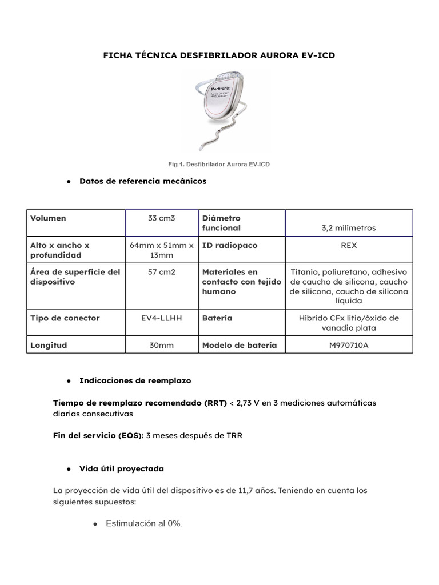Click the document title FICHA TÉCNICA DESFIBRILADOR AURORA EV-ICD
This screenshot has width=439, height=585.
[219, 55]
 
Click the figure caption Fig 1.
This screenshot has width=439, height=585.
[219, 164]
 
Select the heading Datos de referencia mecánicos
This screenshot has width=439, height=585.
[143, 181]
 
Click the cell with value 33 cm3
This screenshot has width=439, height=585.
[162, 218]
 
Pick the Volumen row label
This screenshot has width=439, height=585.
[48, 218]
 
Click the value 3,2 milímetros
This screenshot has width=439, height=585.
[349, 227]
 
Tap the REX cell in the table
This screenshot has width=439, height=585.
[349, 245]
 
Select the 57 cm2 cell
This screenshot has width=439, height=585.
[162, 272]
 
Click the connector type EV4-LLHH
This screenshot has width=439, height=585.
[162, 318]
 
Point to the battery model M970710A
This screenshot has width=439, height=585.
[349, 345]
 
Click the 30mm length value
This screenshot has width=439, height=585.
[162, 345]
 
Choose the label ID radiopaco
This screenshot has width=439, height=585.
[230, 245]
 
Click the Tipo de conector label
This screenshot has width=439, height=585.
[65, 318]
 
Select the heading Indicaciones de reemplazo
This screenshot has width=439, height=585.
[135, 380]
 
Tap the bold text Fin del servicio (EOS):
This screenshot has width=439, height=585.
[98, 435]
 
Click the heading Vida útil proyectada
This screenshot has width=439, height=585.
[122, 468]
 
